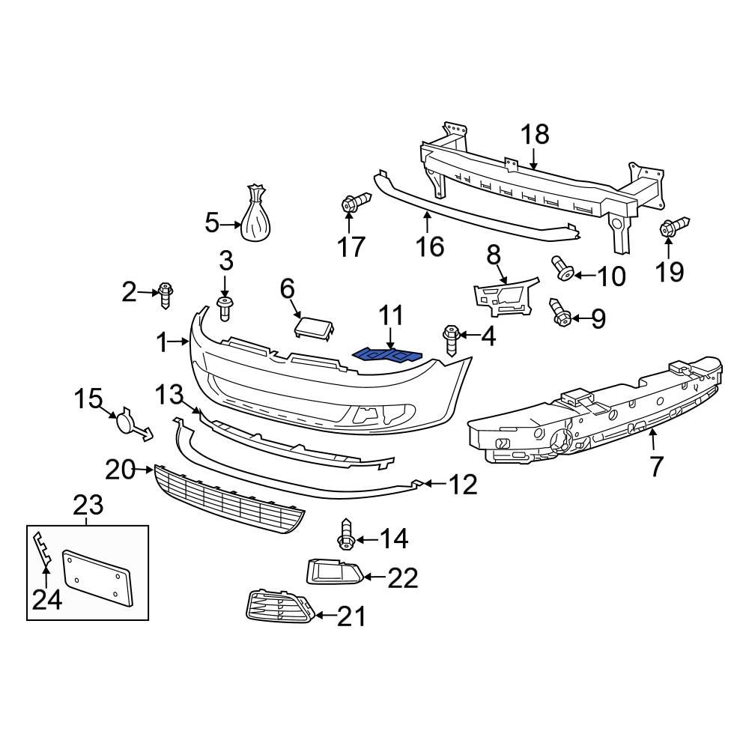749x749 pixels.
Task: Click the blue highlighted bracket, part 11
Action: click(387, 354)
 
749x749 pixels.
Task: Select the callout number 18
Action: click(535, 135)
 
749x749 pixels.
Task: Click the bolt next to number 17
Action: click(355, 202)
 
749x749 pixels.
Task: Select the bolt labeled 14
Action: click(347, 535)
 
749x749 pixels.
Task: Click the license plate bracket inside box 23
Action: click(98, 577)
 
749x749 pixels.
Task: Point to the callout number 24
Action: click(46, 600)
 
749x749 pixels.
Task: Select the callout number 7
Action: click(656, 467)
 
